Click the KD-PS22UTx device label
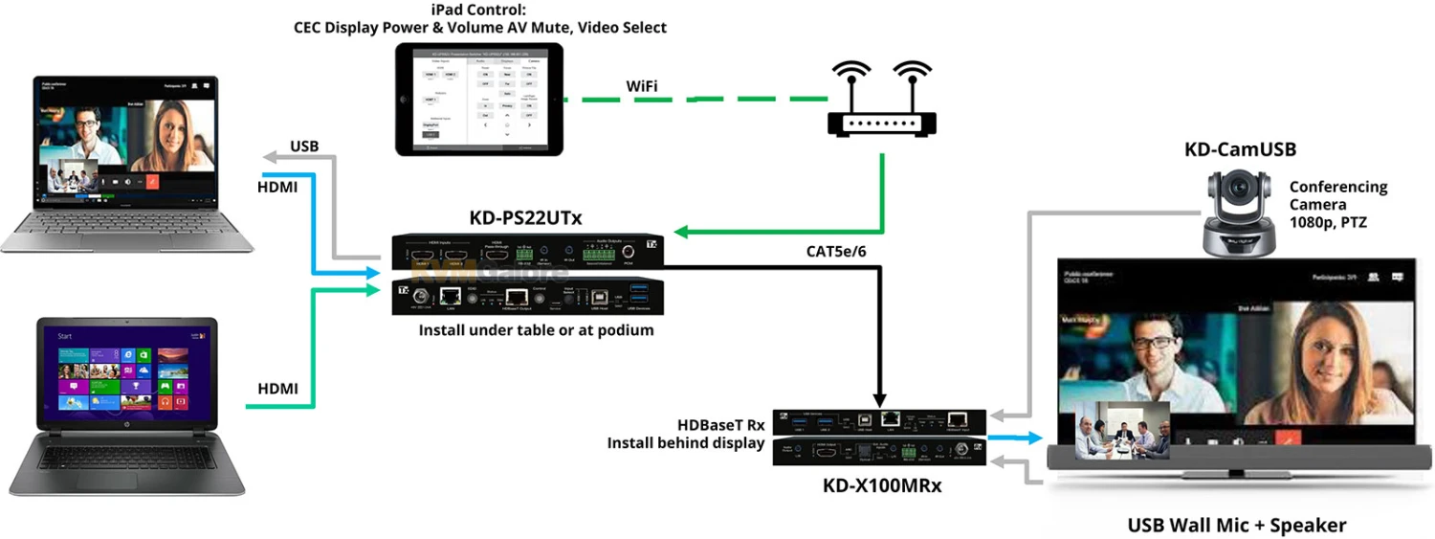tap(525, 217)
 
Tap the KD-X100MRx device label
tap(882, 485)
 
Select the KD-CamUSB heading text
tap(1239, 149)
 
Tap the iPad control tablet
tap(479, 99)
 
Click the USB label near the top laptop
tap(303, 146)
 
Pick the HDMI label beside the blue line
tap(277, 188)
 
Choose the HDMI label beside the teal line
tap(277, 389)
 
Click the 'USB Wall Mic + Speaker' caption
tap(1236, 525)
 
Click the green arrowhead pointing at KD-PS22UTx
tap(680, 233)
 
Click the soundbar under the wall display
tap(1239, 460)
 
